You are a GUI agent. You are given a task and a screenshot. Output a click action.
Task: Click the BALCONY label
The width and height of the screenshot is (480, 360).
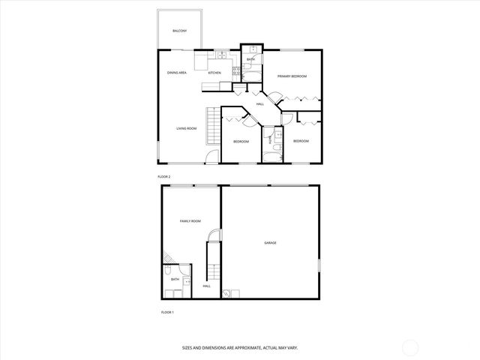179,31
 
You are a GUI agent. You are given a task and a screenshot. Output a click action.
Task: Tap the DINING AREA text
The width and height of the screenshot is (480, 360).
177,73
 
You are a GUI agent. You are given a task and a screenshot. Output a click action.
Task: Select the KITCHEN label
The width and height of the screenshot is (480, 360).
214,73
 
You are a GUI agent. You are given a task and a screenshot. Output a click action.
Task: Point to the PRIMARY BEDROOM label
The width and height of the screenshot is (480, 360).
292,76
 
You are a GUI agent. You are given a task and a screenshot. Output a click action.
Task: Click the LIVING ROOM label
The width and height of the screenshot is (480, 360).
186,129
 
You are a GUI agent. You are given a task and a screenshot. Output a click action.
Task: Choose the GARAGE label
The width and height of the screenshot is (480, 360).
270,242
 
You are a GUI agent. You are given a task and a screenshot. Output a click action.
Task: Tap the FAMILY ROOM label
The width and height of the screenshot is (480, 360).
190,221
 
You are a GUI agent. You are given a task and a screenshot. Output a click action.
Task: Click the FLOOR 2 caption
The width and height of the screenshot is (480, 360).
164,176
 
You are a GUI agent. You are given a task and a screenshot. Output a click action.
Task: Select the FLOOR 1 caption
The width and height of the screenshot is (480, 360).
167,311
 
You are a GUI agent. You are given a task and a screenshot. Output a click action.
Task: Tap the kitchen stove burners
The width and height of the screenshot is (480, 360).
236,72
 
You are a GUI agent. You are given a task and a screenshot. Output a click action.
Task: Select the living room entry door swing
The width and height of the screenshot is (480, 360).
213,156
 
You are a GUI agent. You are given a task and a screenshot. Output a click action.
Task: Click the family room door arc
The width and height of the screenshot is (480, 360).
215,235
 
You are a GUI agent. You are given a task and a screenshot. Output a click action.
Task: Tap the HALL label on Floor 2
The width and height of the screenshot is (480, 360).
260,104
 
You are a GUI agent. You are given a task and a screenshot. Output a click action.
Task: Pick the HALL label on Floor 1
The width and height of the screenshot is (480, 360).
206,286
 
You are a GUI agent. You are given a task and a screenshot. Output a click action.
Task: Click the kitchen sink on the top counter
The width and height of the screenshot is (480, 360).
222,55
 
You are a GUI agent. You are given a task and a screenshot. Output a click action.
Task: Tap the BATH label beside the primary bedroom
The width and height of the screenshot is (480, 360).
250,59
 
